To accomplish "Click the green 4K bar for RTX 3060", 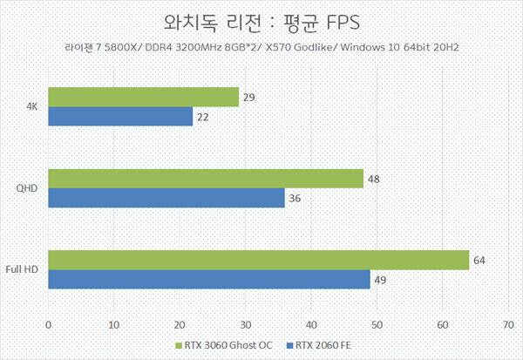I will tap(144, 97).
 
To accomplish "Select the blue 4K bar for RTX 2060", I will tap(120, 116).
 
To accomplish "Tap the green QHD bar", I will tap(206, 179).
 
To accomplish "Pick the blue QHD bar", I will tap(166, 198).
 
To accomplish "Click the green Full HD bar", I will tap(258, 260).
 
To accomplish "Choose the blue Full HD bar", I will tap(209, 280).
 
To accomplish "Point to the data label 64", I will tap(480, 260).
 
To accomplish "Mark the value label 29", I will tap(249, 97).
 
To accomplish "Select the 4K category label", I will tap(31, 106).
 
